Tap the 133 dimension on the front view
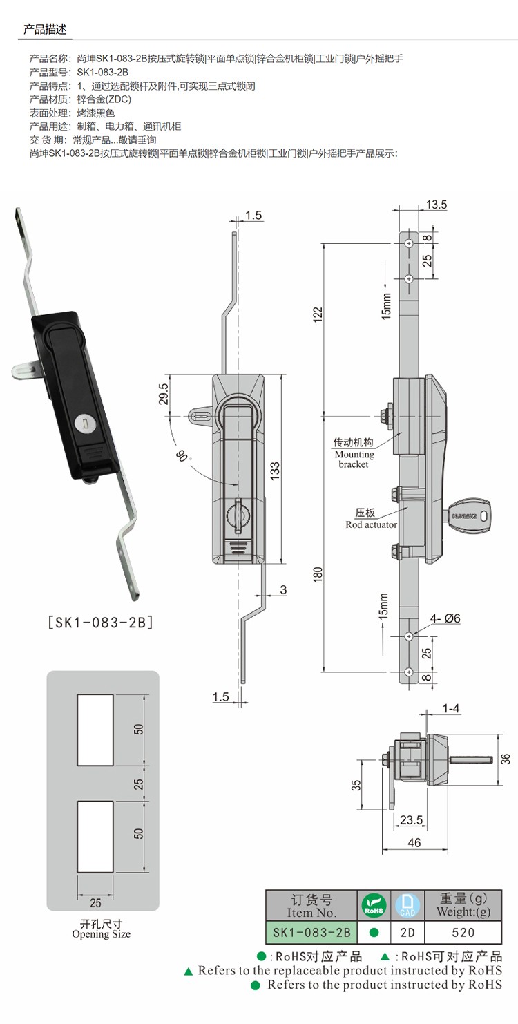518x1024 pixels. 274,471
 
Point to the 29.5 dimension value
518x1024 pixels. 164,396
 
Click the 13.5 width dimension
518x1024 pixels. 437,205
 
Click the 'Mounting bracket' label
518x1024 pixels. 354,454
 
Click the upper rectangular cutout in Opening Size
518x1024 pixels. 96,730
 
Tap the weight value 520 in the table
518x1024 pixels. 463,932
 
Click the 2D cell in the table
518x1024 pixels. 407,932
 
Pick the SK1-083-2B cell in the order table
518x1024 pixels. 311,932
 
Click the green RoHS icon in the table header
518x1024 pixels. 374,904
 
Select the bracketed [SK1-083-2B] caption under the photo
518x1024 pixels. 100,622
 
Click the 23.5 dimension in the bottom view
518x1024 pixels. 411,820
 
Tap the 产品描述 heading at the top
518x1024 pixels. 44,29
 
